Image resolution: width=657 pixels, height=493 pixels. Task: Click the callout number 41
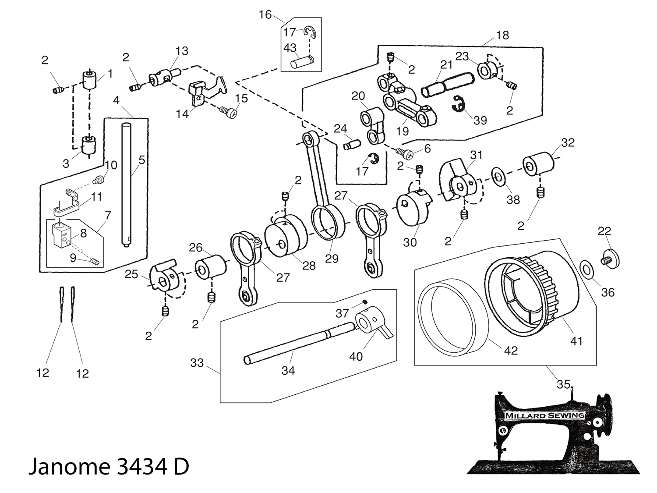(x=576, y=340)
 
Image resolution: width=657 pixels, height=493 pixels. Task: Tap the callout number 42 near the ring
(x=511, y=350)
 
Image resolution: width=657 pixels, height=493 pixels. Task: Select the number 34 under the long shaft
(x=288, y=370)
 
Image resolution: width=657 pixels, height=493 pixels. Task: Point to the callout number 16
(x=265, y=15)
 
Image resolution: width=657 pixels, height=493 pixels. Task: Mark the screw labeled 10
(x=99, y=179)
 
